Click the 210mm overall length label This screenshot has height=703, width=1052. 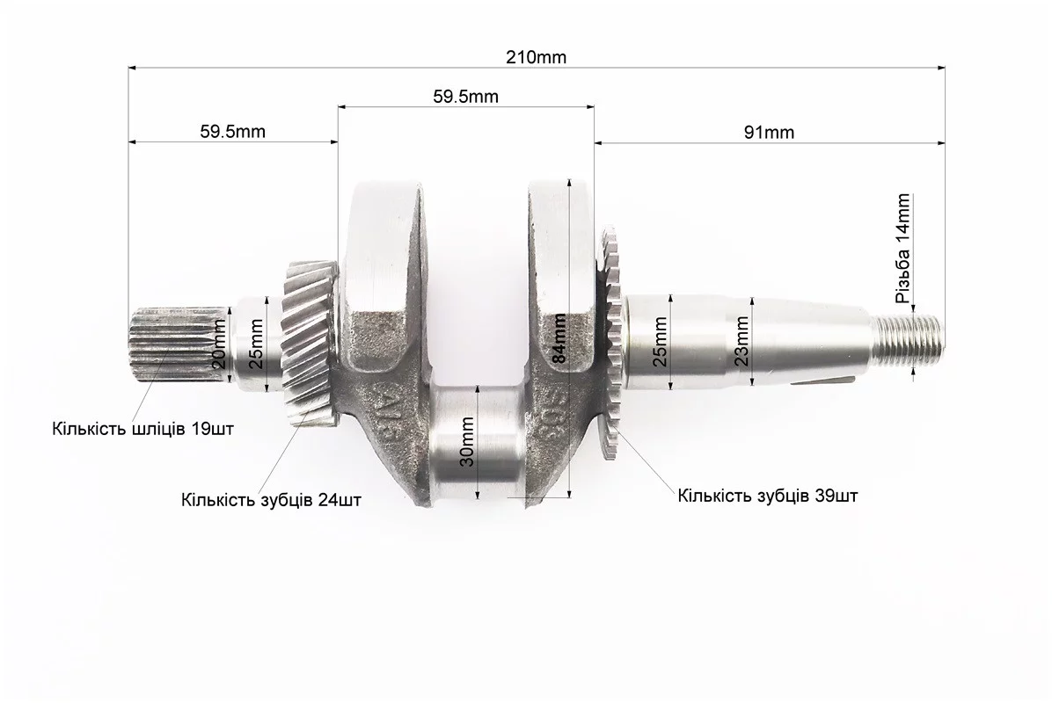[536, 58]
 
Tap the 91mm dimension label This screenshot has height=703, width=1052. [769, 133]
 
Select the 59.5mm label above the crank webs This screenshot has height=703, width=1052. [465, 97]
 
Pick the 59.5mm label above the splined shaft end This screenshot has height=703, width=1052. [233, 131]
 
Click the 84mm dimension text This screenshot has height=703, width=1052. [559, 338]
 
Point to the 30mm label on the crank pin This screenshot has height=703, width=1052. [468, 442]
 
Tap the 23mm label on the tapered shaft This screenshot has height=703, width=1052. [742, 341]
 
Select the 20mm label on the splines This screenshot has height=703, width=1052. [219, 344]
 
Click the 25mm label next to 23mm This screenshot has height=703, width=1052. [661, 342]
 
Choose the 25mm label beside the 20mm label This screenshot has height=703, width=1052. [256, 344]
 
